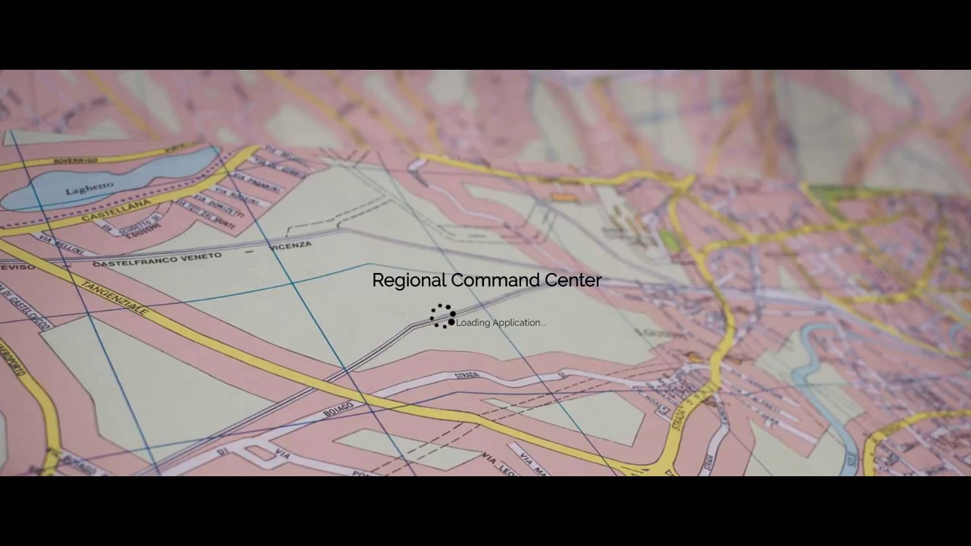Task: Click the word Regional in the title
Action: coord(409,281)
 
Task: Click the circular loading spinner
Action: coord(442,316)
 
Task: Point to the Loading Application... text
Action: coord(501,323)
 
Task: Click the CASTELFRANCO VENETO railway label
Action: coord(157,260)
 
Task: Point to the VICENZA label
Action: coord(289,246)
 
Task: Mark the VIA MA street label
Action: coord(534,460)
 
